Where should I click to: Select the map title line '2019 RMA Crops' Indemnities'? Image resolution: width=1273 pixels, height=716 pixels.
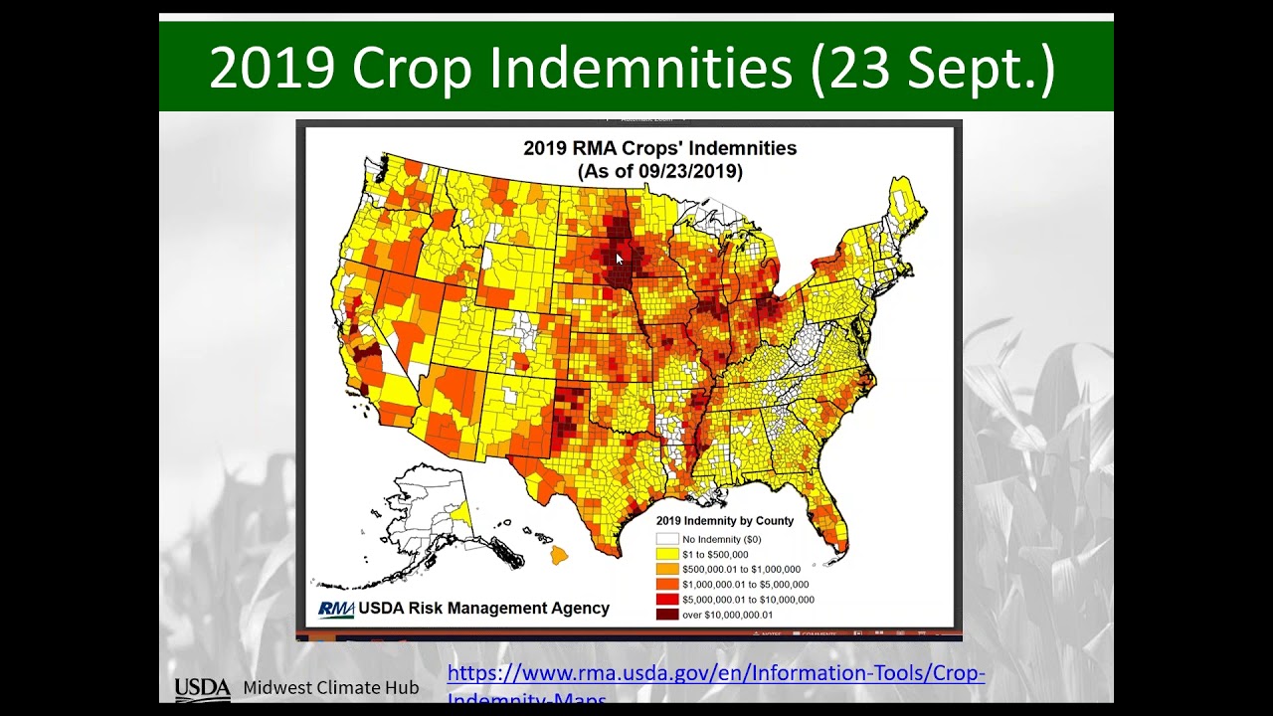pos(659,148)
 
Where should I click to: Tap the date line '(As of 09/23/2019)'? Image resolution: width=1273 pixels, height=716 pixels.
pos(659,171)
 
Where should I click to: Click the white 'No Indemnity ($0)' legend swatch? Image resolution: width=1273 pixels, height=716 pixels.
pos(666,539)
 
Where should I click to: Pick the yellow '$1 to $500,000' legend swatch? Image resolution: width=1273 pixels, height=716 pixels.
pos(666,554)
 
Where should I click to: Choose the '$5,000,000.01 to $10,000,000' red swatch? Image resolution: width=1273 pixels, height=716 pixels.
pos(666,600)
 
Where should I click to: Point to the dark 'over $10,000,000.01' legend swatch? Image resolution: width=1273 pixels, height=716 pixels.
pos(666,615)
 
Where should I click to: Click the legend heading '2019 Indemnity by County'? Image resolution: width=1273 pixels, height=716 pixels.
pos(724,520)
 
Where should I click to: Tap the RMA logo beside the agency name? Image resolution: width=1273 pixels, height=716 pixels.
pos(335,609)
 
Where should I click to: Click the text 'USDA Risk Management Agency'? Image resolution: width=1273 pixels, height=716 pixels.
pos(483,609)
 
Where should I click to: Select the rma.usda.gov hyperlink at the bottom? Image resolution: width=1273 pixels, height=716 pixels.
pos(716,674)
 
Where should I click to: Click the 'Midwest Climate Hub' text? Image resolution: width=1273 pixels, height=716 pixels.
pos(330,688)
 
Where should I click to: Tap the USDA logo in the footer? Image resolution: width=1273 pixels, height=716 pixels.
pos(202,688)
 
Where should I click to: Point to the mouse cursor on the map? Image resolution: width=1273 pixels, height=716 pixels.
pos(619,259)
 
